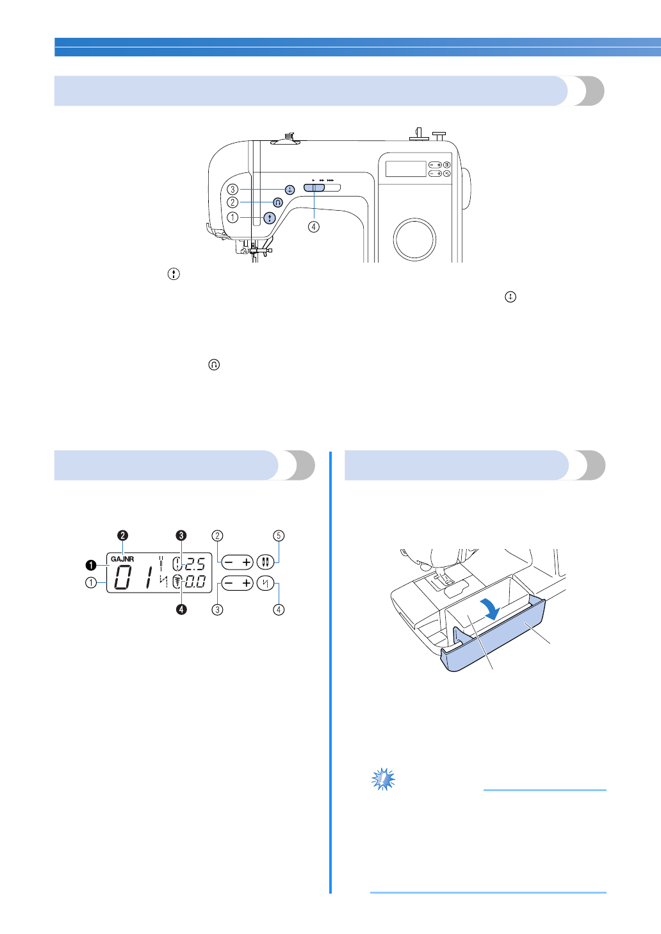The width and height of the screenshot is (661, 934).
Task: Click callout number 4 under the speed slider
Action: click(x=313, y=227)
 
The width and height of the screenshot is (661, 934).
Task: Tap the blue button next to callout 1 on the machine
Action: click(x=270, y=218)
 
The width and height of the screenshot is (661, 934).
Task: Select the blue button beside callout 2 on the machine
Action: click(x=277, y=202)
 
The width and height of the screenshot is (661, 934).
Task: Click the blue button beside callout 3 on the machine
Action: click(x=290, y=190)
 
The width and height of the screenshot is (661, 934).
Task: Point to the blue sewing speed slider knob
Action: click(x=314, y=187)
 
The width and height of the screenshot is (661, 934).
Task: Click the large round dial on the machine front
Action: click(x=415, y=239)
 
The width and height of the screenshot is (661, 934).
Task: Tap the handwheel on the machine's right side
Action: click(x=466, y=190)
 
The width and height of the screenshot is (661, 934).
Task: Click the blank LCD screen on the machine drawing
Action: click(x=405, y=169)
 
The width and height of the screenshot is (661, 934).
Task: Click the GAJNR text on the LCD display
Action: click(x=122, y=559)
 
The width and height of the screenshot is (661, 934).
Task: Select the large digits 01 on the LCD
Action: click(x=132, y=579)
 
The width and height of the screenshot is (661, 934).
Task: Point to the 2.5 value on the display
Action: click(x=195, y=564)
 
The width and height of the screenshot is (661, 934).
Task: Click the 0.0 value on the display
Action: click(x=195, y=582)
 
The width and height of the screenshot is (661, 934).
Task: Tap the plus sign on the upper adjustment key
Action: click(x=247, y=562)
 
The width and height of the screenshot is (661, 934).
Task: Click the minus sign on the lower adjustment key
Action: click(x=229, y=584)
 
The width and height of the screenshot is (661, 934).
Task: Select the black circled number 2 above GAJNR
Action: click(x=122, y=536)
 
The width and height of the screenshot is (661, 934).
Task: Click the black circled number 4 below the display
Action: click(x=182, y=609)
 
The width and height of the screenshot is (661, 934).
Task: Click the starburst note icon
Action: click(x=383, y=779)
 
